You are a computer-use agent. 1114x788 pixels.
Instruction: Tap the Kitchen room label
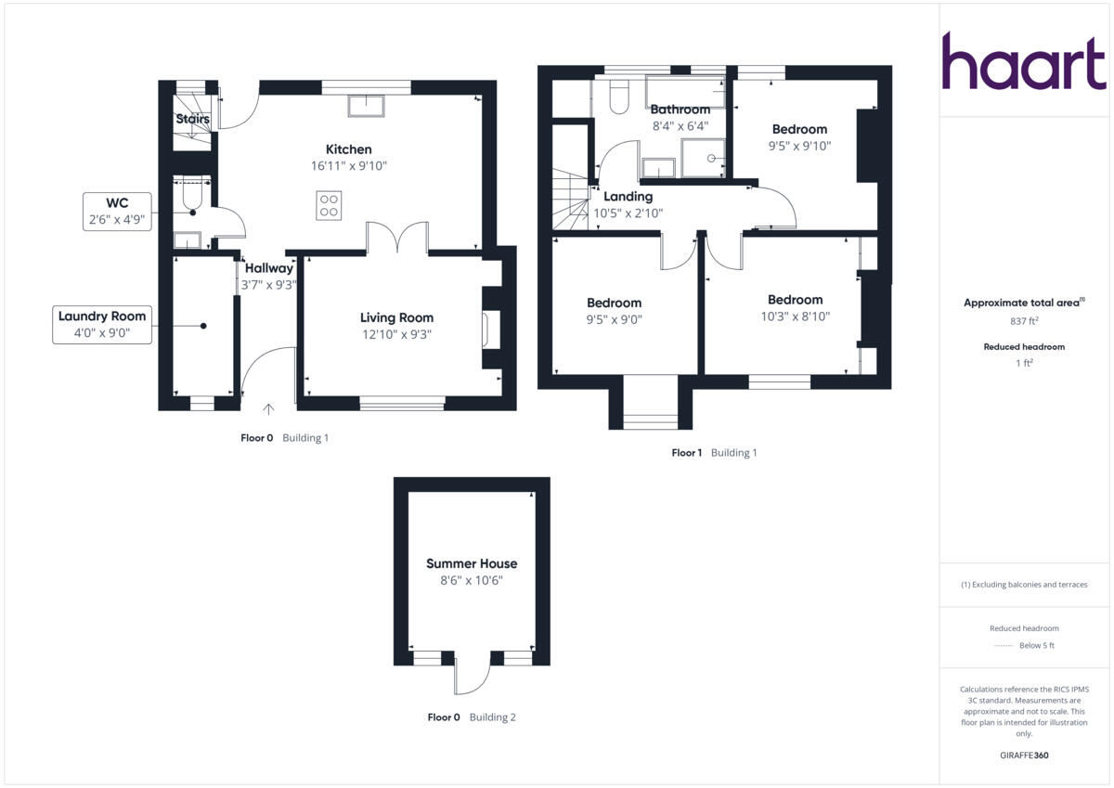coord(348,149)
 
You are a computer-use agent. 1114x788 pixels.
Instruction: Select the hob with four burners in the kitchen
coord(329,204)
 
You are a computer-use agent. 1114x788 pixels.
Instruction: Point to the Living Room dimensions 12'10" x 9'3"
coord(396,335)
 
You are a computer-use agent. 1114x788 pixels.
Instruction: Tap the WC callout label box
coord(116,212)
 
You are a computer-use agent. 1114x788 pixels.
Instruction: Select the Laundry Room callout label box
coord(102,325)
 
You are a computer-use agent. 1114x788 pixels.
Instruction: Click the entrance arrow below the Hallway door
coord(269,408)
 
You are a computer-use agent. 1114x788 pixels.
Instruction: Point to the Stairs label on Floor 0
coord(192,120)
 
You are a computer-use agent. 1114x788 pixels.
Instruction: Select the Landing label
coord(628,197)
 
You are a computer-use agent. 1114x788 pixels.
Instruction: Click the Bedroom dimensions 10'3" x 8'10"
coord(795,316)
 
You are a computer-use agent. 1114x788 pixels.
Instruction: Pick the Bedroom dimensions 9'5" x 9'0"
coord(614,319)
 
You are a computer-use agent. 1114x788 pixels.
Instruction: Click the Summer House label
coord(472,563)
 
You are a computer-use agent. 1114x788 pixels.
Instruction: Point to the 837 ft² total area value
coord(1023,321)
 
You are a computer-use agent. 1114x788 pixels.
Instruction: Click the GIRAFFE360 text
coord(1023,756)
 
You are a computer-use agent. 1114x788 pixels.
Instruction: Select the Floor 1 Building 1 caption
coord(714,453)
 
